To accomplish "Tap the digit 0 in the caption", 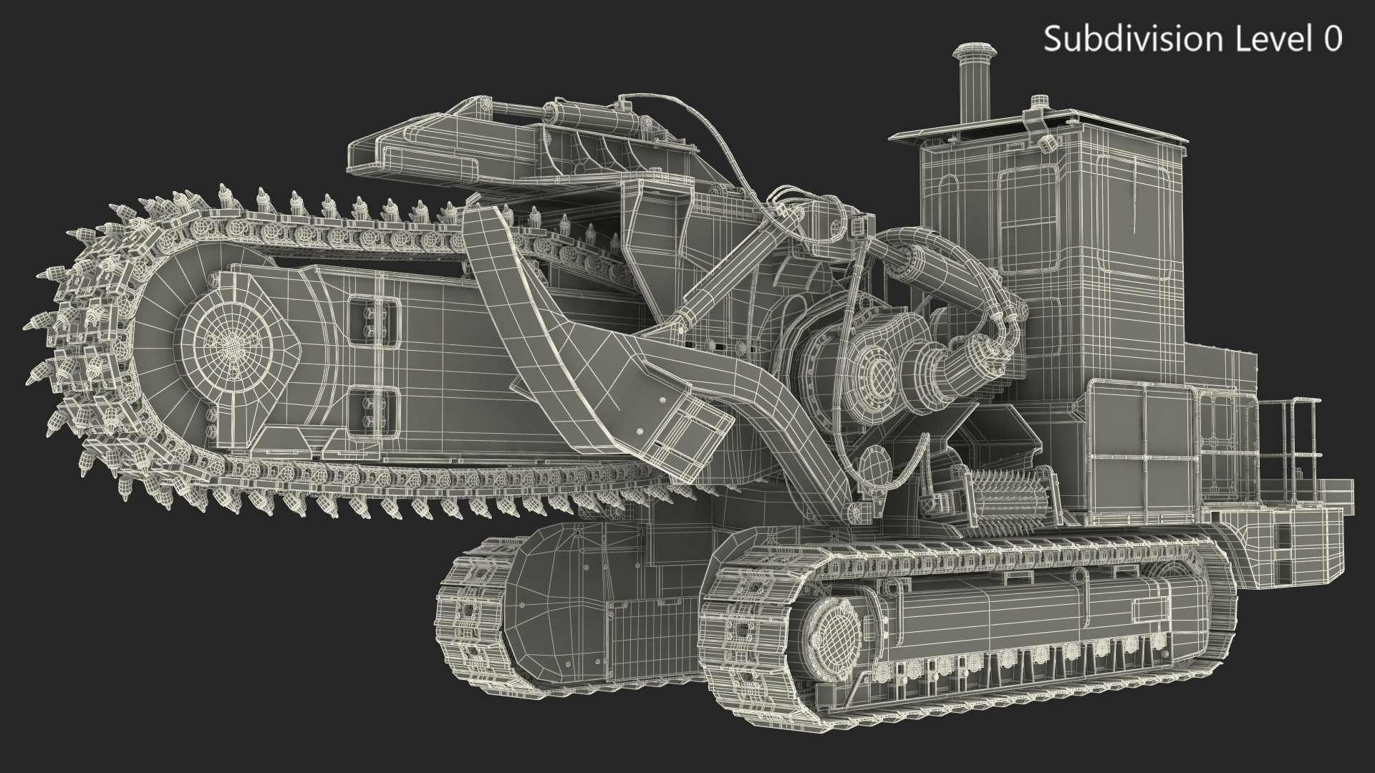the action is point(1332,39).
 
